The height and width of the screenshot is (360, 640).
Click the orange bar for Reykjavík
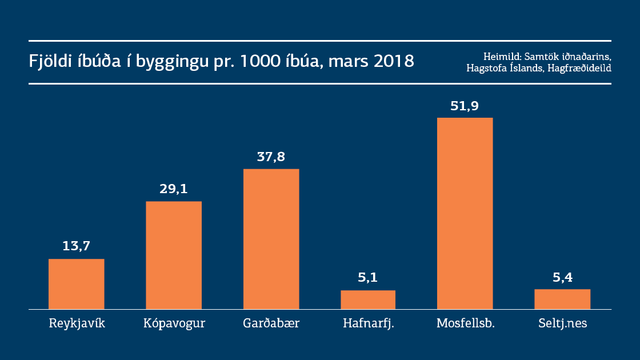[76, 284]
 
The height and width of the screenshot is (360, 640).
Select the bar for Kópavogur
[174, 255]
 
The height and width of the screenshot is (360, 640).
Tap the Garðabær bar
[271, 239]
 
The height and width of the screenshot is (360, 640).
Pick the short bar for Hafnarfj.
[368, 299]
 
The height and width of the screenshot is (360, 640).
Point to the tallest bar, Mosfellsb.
[465, 213]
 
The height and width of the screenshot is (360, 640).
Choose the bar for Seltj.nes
[562, 299]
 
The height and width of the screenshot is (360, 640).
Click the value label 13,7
[77, 246]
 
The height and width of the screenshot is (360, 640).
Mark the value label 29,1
[174, 189]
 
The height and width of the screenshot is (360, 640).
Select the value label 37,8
[271, 157]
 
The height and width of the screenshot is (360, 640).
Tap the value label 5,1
[368, 278]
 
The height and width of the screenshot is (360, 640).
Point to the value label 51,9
[465, 105]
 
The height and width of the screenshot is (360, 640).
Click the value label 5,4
[562, 277]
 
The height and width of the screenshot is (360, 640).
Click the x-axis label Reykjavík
[77, 324]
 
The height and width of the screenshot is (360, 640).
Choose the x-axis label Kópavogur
[174, 324]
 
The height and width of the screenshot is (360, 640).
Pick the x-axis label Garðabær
[271, 324]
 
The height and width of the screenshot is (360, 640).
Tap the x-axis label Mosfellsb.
[465, 324]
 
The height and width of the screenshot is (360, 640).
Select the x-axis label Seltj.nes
[562, 324]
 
